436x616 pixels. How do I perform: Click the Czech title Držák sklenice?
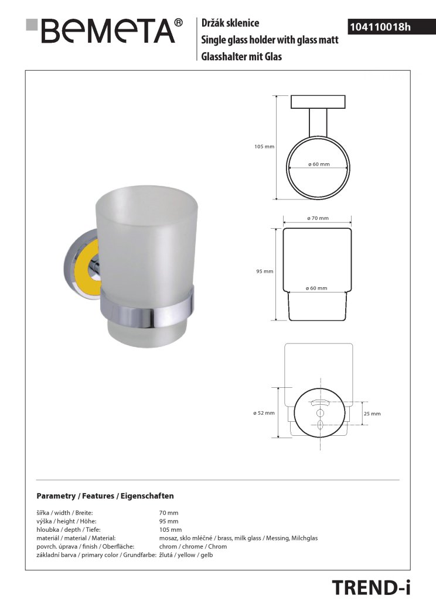(x=230, y=23)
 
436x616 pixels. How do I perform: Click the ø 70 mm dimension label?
(x=318, y=218)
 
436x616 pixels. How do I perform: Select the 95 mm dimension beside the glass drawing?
(x=265, y=271)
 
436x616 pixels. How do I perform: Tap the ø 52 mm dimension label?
(x=264, y=413)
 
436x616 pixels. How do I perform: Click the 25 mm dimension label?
(x=372, y=414)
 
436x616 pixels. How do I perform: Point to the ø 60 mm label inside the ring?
(x=319, y=164)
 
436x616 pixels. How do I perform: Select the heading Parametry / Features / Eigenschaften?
(x=105, y=496)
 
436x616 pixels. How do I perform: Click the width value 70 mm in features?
(x=169, y=512)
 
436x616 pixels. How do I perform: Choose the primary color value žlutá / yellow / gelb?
(x=186, y=555)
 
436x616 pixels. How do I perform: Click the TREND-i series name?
(x=370, y=587)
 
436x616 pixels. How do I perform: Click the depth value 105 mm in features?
(x=171, y=529)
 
